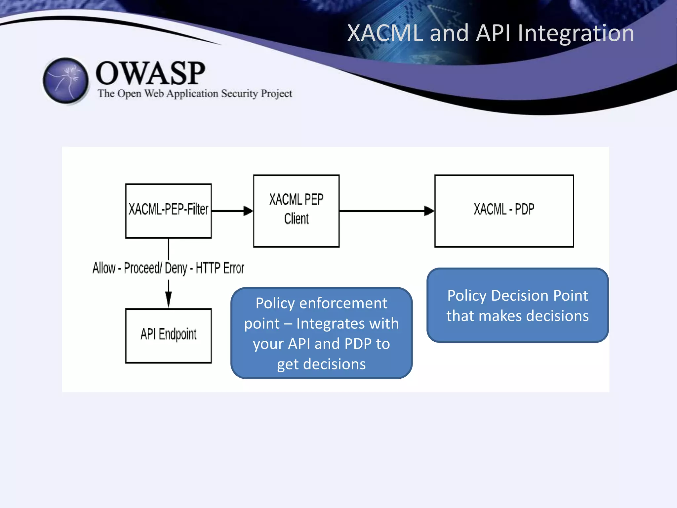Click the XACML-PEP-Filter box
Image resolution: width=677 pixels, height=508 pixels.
pos(168,211)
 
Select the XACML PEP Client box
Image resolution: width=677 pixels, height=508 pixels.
pos(296,211)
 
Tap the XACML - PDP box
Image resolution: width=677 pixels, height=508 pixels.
pos(504,211)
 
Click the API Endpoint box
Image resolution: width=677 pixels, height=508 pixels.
pos(168,336)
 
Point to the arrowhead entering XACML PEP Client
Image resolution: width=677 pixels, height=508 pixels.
pos(248,211)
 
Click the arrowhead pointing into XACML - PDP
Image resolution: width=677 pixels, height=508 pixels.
pos(429,211)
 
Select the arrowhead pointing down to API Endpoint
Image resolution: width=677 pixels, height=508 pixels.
pos(168,300)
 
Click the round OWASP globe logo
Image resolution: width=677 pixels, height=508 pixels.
pos(66,80)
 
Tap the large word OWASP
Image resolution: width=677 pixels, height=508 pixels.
pos(150,73)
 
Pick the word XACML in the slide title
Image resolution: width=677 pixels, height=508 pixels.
pos(385,33)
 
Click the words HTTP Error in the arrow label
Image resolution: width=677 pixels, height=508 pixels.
pos(220,268)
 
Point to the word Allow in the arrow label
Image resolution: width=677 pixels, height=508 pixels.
pos(104,268)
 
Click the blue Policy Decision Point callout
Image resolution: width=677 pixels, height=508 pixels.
pos(517,305)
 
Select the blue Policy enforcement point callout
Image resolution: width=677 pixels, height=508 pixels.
pos(321,333)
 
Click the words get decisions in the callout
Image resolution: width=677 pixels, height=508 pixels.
pos(321,364)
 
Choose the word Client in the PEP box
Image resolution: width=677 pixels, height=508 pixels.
pos(296,219)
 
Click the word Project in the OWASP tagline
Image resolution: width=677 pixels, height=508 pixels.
pos(276,94)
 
